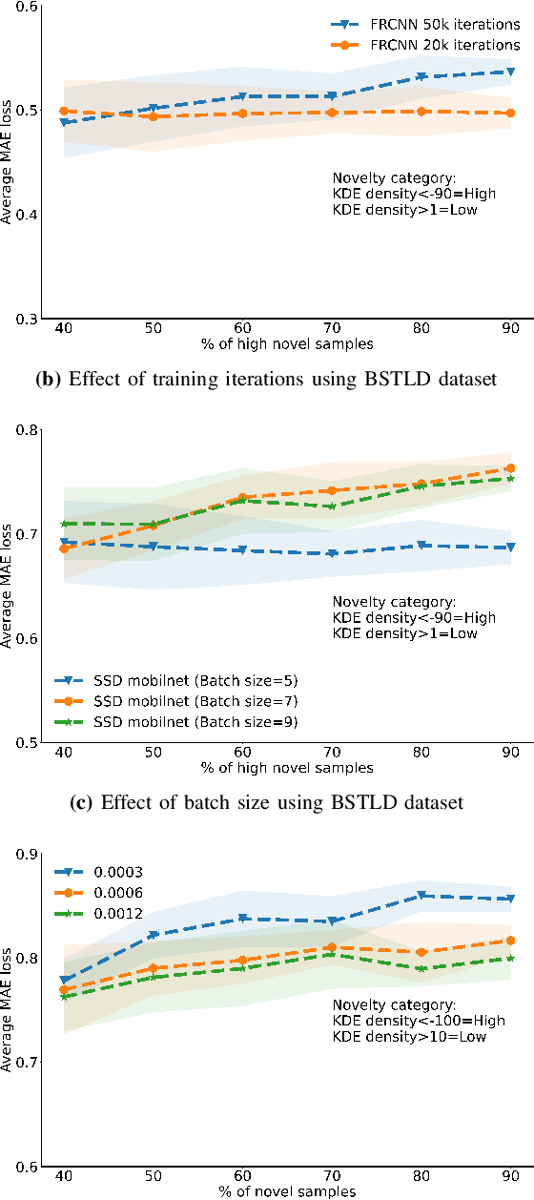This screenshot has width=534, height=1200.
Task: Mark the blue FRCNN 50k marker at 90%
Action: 510,72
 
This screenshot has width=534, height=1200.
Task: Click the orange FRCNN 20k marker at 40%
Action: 64,112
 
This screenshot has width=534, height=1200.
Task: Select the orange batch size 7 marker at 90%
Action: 510,468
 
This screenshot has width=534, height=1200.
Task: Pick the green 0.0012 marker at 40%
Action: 64,996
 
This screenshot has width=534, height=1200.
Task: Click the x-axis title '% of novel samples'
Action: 287,1190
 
